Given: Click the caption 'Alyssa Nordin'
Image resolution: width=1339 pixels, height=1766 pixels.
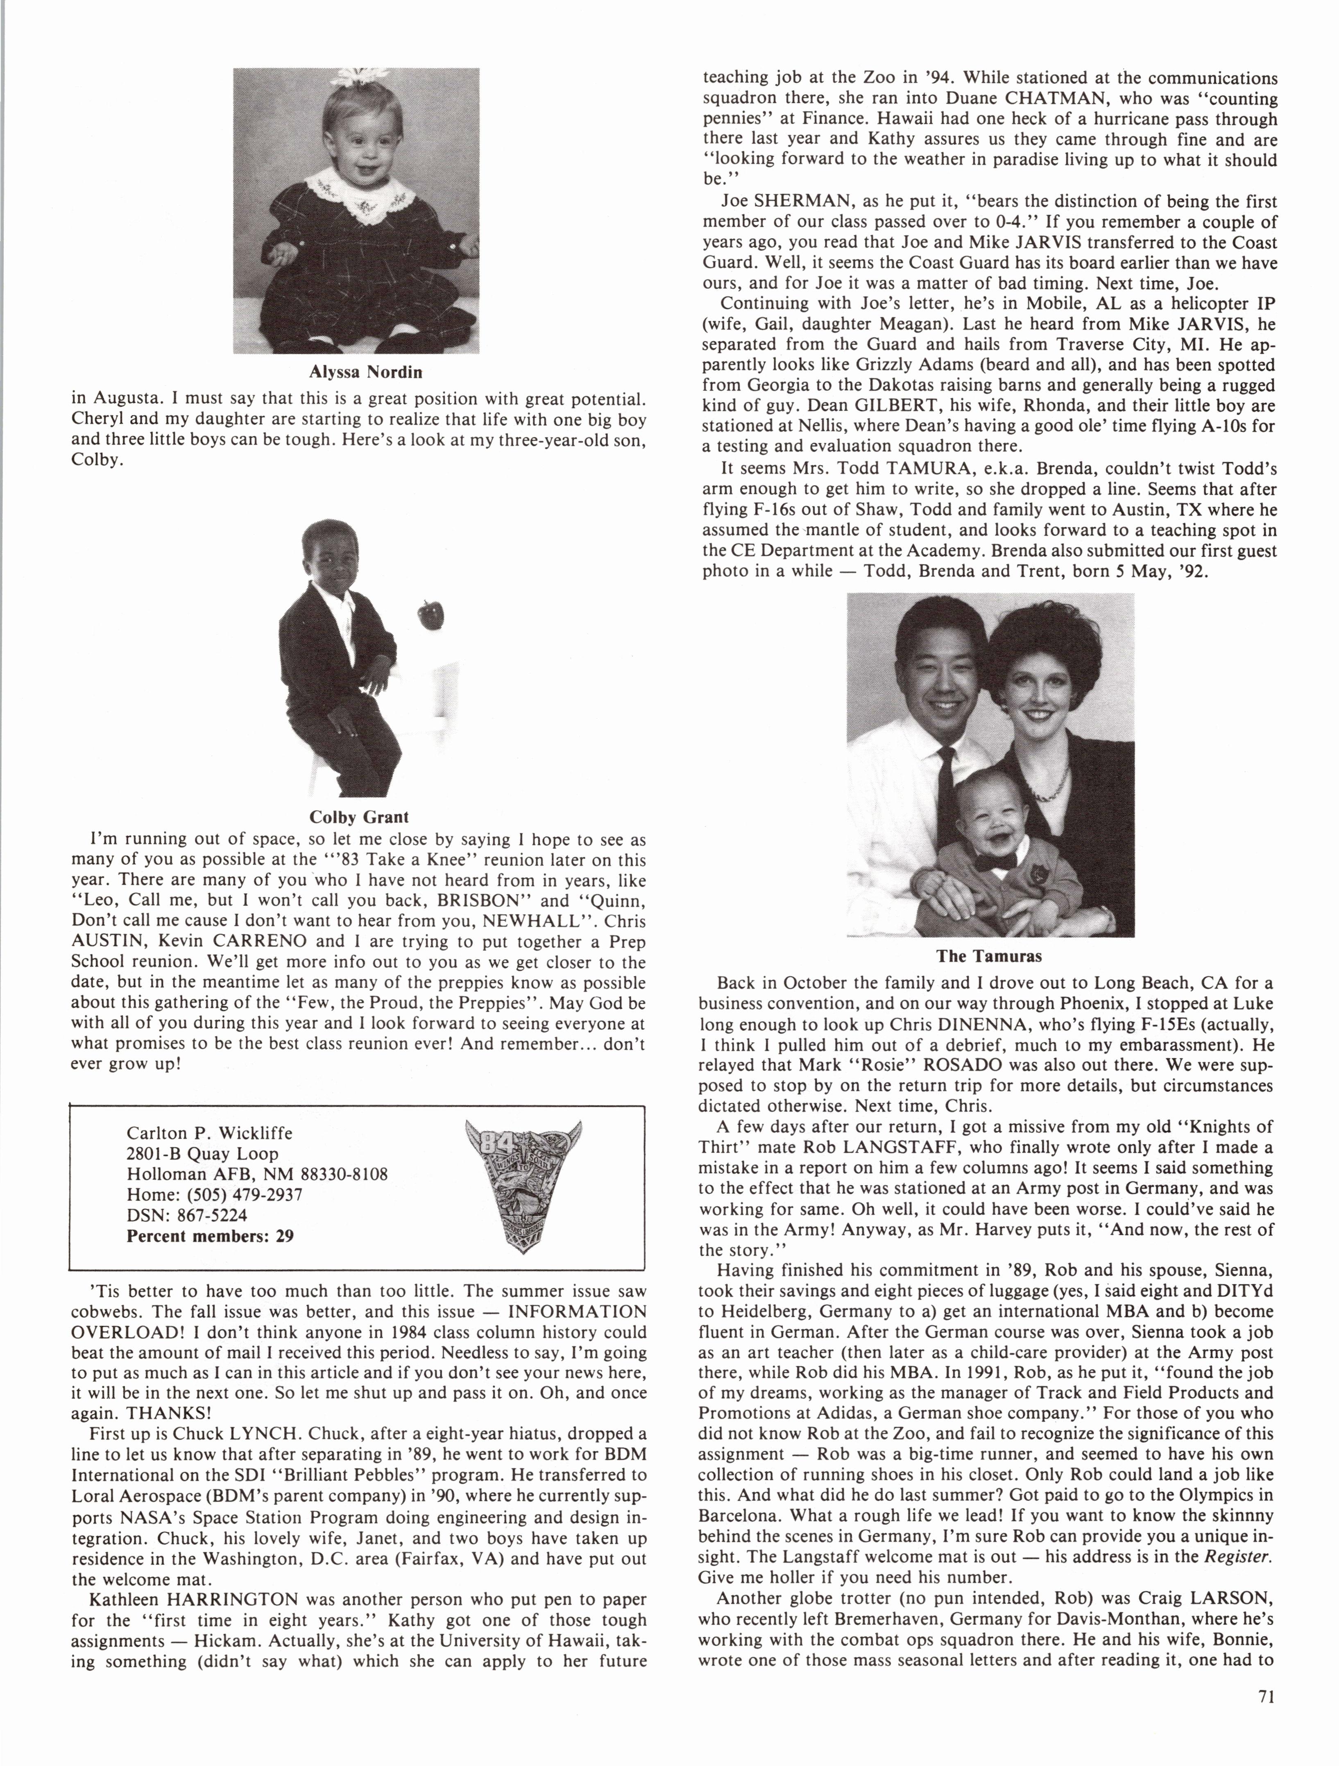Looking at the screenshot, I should point(366,372).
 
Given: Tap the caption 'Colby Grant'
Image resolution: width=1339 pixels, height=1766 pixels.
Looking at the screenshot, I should point(358,817).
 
